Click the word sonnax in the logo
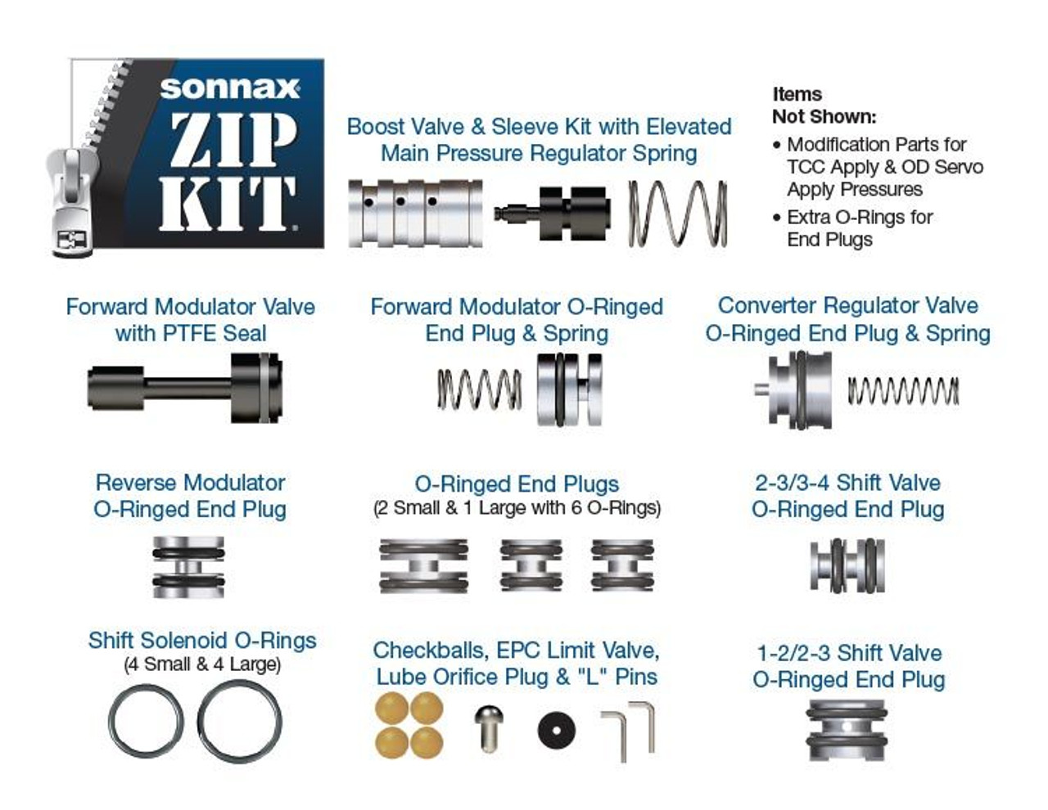(229, 88)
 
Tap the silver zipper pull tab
(71, 202)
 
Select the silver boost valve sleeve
(415, 214)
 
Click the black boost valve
(552, 214)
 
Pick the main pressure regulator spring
(678, 214)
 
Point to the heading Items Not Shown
(824, 105)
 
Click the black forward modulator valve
(185, 388)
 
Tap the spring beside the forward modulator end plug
(480, 389)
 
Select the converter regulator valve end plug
(793, 389)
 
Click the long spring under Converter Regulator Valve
(903, 390)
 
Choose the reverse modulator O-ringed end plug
(188, 567)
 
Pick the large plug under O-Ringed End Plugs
(423, 565)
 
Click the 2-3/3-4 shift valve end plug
(847, 565)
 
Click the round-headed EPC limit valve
(489, 728)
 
